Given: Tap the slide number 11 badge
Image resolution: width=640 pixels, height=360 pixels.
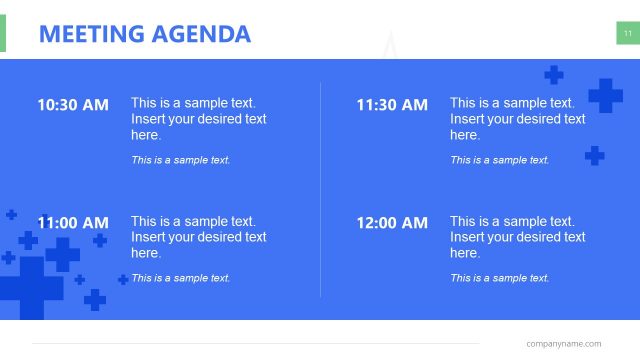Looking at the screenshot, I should click(627, 34).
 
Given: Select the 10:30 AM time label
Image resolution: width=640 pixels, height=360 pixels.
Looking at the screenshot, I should click(73, 104).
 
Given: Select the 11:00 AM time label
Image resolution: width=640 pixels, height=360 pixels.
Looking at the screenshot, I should click(73, 223).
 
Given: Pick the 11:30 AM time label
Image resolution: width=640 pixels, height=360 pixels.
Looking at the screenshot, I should click(392, 104).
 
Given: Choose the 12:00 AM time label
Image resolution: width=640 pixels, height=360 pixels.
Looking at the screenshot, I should click(392, 223).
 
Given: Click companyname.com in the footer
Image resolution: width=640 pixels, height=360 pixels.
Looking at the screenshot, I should click(564, 343).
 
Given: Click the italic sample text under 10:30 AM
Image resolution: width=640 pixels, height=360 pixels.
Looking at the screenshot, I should click(180, 160).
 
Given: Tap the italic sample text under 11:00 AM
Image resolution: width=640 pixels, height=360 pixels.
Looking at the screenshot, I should click(180, 278).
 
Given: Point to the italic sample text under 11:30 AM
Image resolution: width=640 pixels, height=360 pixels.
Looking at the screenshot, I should click(499, 160).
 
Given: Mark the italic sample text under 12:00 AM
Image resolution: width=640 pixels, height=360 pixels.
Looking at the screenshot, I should click(499, 278).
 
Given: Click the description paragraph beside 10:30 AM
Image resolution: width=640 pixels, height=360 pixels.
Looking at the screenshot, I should click(198, 119).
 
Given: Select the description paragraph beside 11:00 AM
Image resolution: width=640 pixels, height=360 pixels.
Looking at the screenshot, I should click(198, 237).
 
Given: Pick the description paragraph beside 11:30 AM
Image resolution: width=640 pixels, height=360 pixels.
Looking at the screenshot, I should click(517, 119).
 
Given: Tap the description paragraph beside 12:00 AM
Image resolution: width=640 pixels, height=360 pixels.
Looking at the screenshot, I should click(517, 237).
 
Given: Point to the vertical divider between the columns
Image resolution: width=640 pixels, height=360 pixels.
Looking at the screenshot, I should click(320, 190).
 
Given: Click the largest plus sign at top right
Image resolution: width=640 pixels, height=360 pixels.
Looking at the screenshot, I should click(605, 96).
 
